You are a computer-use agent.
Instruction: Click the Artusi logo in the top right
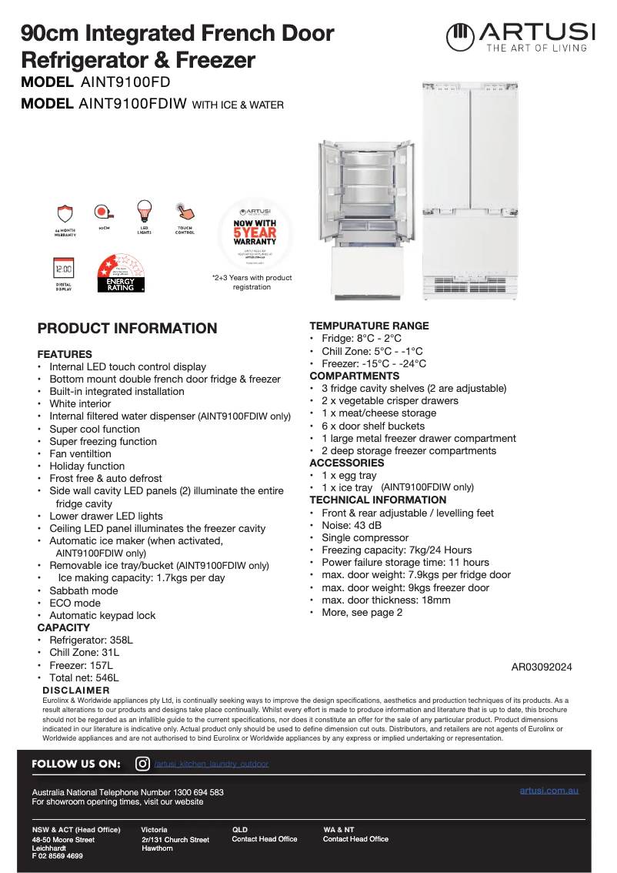click(x=521, y=36)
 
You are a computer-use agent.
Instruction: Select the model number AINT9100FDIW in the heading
click(x=132, y=104)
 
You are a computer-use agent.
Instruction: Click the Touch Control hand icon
click(x=185, y=211)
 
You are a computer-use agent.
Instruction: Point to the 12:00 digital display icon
click(x=63, y=269)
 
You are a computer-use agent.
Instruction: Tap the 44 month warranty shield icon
click(x=65, y=213)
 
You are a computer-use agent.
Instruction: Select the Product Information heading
click(x=127, y=329)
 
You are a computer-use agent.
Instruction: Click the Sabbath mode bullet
click(x=84, y=590)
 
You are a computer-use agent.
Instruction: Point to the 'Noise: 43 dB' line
click(x=352, y=525)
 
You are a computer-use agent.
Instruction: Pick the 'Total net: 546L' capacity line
click(x=84, y=677)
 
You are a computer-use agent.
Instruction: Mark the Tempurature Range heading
click(x=369, y=326)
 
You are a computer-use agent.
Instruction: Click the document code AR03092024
click(x=541, y=667)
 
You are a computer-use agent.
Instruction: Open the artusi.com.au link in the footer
click(x=549, y=791)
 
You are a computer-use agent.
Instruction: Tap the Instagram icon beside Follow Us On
click(x=142, y=764)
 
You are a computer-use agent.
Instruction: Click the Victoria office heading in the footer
click(x=154, y=830)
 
